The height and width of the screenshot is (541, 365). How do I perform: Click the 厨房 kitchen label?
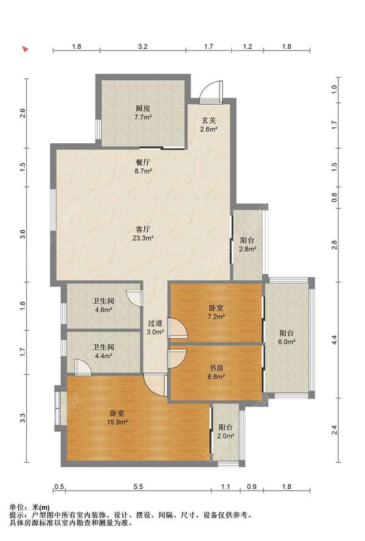coord(143,108)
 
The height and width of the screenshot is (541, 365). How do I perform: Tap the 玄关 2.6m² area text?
coord(209,125)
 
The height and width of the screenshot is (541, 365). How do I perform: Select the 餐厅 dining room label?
coord(143,162)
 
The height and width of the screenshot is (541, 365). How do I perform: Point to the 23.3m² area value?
coord(143,238)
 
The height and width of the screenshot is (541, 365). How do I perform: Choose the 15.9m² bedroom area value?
coord(117,422)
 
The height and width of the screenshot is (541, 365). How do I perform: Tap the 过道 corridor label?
coord(155,324)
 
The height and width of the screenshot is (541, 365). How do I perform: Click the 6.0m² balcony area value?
coord(287,342)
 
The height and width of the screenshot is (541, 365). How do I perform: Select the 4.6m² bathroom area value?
coord(103,309)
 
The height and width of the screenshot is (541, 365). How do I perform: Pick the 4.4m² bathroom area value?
coord(103,356)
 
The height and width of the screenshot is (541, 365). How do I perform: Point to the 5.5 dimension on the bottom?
coord(138,487)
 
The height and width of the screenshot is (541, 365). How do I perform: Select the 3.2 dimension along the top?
coord(143,46)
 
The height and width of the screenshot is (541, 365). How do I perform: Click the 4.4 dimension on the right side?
coord(334,339)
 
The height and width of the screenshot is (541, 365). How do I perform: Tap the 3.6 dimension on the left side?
coord(23,235)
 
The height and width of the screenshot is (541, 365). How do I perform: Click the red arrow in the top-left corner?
coord(25,49)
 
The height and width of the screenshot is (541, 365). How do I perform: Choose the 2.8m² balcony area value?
coord(248,249)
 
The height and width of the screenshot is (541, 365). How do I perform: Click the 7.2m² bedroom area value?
coord(216,316)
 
